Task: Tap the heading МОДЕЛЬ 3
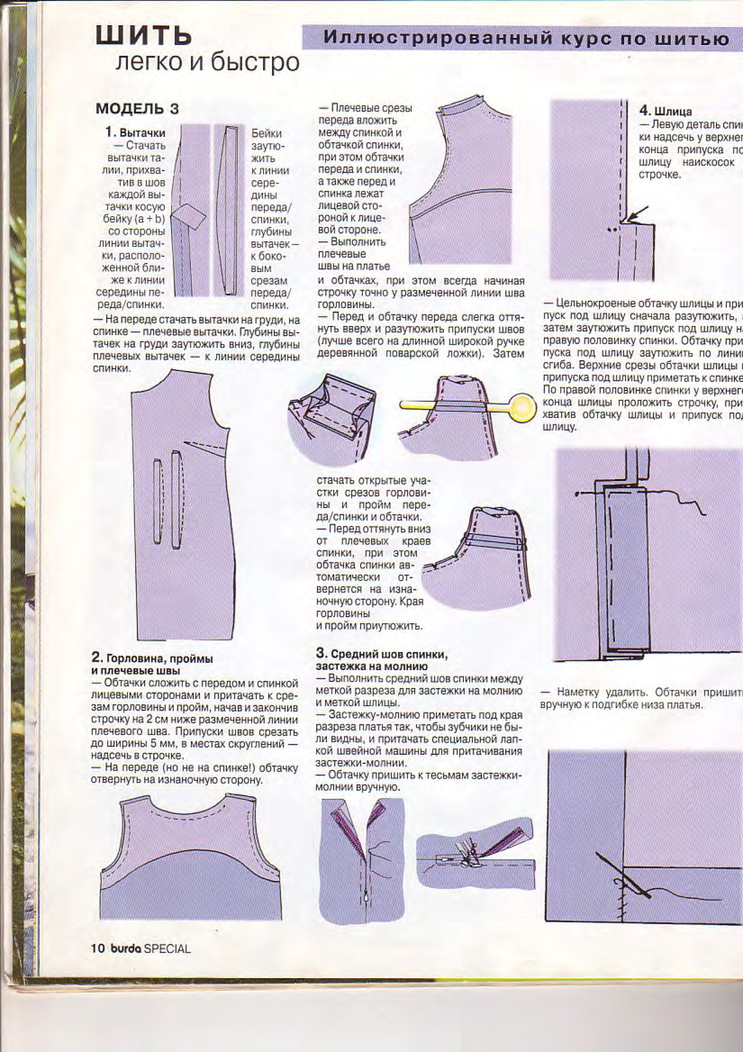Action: (137, 109)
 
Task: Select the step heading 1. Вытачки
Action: (135, 133)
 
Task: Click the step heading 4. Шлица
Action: (665, 111)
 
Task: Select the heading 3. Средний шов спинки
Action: (382, 654)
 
